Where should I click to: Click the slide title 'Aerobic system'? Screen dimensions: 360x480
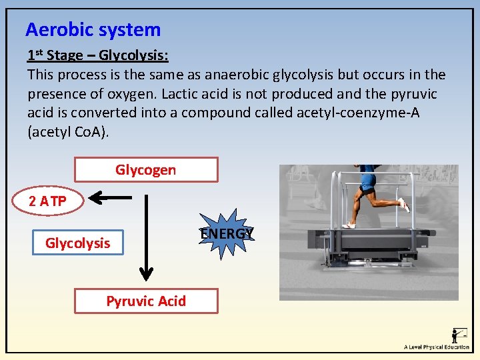pyautogui.click(x=93, y=30)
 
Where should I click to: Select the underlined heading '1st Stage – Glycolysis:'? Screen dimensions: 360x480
pyautogui.click(x=97, y=55)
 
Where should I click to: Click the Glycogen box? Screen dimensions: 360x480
pyautogui.click(x=145, y=170)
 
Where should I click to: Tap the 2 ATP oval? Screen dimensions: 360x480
pyautogui.click(x=48, y=201)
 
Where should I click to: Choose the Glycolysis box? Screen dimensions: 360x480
pyautogui.click(x=78, y=243)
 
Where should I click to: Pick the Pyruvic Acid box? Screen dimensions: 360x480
pyautogui.click(x=145, y=301)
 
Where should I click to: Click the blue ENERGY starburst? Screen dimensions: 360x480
pyautogui.click(x=227, y=234)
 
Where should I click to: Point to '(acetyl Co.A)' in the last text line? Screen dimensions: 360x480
pyautogui.click(x=67, y=132)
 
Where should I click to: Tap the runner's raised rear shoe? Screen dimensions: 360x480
pyautogui.click(x=404, y=205)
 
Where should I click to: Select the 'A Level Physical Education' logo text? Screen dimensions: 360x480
pyautogui.click(x=437, y=347)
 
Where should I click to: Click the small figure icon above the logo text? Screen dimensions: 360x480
pyautogui.click(x=459, y=335)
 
